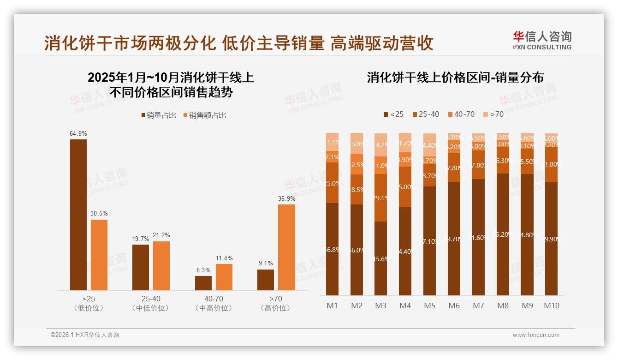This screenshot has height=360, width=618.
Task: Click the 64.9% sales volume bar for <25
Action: [x=78, y=215]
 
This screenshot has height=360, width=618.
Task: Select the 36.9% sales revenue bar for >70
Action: [x=286, y=247]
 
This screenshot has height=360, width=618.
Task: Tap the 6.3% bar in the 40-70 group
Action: [x=203, y=283]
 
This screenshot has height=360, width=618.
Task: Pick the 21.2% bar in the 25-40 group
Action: [x=161, y=266]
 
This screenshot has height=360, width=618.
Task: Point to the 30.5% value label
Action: [x=99, y=214]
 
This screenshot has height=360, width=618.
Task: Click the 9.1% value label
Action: [x=266, y=264]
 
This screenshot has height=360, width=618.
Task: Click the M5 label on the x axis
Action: [x=429, y=306]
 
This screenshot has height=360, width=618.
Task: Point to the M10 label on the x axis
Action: [x=551, y=306]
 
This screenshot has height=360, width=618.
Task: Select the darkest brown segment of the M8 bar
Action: [x=503, y=234]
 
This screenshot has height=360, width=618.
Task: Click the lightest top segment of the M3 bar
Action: [x=380, y=145]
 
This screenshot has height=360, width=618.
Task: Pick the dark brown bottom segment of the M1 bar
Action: [x=332, y=249]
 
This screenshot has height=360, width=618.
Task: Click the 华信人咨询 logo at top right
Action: [x=542, y=40]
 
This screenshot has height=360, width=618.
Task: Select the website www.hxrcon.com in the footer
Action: [x=536, y=335]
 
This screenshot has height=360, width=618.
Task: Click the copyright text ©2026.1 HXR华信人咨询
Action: [x=85, y=335]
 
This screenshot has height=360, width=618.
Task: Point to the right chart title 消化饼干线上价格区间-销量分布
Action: [x=455, y=78]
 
